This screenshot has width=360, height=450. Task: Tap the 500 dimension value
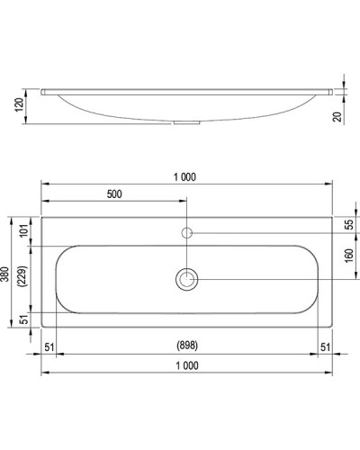coord(114,194)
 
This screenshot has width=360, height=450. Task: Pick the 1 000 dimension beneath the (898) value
coord(185,364)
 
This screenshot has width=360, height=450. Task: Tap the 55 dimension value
coord(349,224)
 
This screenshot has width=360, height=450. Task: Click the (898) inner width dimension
coord(185,345)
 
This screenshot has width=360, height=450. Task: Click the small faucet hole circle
coord(187,232)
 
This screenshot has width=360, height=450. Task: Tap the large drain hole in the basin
coord(187,279)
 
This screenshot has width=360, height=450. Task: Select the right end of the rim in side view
coord(328,92)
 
